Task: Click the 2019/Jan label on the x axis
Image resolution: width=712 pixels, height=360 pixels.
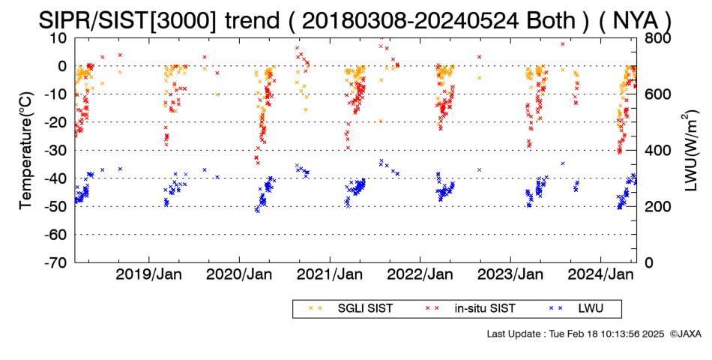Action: point(148,275)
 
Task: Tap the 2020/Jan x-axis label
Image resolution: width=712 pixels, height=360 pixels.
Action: point(239,275)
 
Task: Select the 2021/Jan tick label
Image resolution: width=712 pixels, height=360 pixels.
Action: point(329,275)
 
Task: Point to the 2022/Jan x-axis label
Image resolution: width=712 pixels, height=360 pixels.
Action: point(420,275)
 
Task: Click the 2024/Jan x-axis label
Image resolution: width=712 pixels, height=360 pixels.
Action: point(600,275)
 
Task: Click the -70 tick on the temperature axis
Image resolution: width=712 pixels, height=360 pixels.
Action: point(55,262)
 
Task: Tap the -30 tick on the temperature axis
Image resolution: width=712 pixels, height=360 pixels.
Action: point(55,151)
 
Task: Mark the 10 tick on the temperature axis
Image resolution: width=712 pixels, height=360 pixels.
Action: point(59,37)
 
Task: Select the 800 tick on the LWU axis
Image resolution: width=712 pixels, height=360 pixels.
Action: point(656,37)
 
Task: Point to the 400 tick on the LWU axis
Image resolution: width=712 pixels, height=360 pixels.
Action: point(656,151)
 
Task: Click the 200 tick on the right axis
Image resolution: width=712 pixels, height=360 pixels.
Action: point(656,206)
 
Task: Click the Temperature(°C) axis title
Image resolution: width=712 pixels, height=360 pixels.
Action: point(27,151)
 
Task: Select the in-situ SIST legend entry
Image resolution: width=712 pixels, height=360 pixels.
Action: point(471,309)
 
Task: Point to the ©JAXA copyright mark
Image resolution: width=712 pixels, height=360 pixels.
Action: point(685,334)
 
